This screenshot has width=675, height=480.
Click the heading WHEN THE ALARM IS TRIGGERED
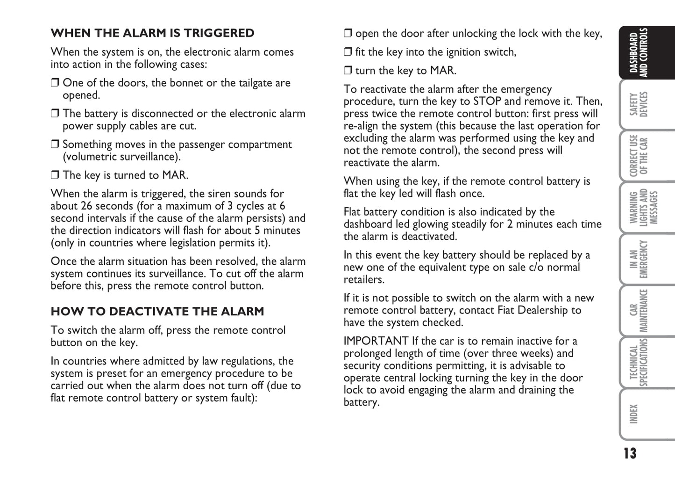(x=152, y=33)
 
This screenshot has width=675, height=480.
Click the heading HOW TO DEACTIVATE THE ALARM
(x=157, y=312)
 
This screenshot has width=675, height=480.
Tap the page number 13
(x=629, y=453)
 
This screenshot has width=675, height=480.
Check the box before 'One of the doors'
(x=55, y=83)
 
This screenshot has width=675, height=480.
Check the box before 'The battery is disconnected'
(x=55, y=114)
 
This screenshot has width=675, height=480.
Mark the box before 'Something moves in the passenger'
(x=55, y=145)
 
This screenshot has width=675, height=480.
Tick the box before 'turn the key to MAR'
(x=348, y=71)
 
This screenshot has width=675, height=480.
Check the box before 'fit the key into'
(x=348, y=52)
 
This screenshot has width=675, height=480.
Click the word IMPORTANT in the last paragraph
(x=376, y=341)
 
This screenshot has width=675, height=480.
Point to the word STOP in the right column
(x=487, y=102)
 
